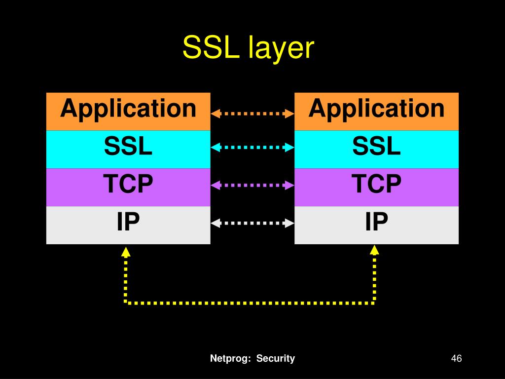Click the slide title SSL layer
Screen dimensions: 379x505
[x=248, y=48]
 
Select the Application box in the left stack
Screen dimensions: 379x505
[x=128, y=111]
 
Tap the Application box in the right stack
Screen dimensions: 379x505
[x=376, y=111]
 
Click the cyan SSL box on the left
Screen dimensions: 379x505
[x=128, y=149]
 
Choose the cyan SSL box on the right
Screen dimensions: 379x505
[x=376, y=149]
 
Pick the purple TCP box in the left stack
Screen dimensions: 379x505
[x=128, y=187]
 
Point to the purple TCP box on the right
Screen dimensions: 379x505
[x=376, y=187]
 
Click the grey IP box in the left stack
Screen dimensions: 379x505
[x=128, y=225]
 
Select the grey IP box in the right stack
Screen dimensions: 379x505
[x=376, y=225]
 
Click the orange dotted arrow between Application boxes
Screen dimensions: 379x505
[x=252, y=114]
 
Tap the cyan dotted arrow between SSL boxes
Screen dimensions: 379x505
[x=252, y=147]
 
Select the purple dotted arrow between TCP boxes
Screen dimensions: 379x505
[x=252, y=185]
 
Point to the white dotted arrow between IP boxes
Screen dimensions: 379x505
[x=252, y=223]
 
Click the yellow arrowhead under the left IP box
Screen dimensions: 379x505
[x=126, y=252]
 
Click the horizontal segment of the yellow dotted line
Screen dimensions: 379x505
[x=251, y=302]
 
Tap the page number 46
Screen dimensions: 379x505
[x=456, y=359]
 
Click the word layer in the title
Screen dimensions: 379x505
[x=282, y=48]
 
